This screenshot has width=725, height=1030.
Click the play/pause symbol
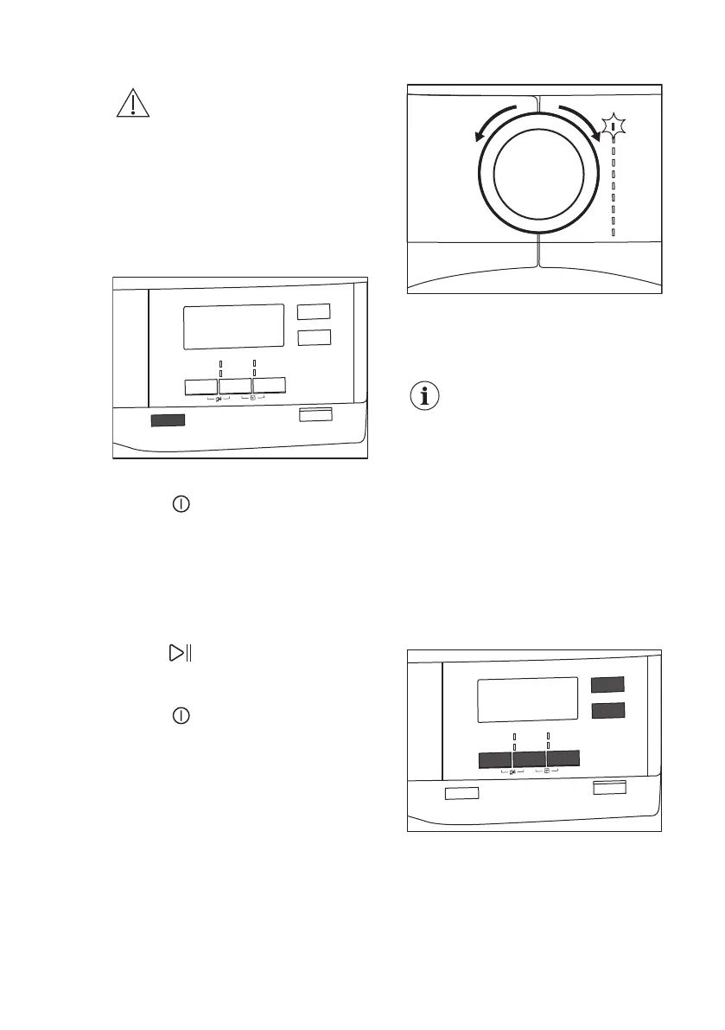[179, 653]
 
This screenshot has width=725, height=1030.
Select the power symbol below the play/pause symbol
[181, 716]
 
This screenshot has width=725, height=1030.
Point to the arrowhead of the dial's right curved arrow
[596, 137]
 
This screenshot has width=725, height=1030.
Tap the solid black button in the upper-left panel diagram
[168, 420]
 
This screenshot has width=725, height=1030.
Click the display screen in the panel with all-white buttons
[233, 326]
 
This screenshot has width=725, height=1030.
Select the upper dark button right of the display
[607, 685]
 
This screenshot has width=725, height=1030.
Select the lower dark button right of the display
[607, 711]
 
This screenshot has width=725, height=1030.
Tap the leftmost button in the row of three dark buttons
[495, 759]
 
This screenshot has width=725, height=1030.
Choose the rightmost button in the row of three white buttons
[269, 386]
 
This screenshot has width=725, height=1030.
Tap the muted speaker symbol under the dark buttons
[513, 772]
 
